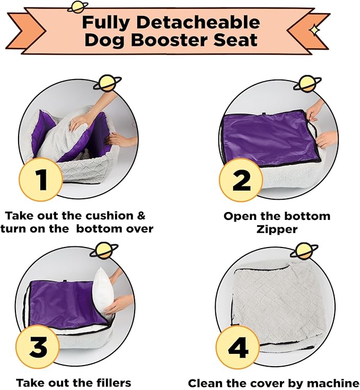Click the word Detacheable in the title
point(198,23)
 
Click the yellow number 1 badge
point(40,180)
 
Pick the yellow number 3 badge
point(38,347)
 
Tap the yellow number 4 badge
point(238,348)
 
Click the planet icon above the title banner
point(78,7)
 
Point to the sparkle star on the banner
point(314,30)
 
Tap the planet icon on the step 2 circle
point(308,83)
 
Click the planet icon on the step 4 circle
point(304,251)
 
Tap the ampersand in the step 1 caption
point(141,216)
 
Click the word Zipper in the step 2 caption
point(277,229)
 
